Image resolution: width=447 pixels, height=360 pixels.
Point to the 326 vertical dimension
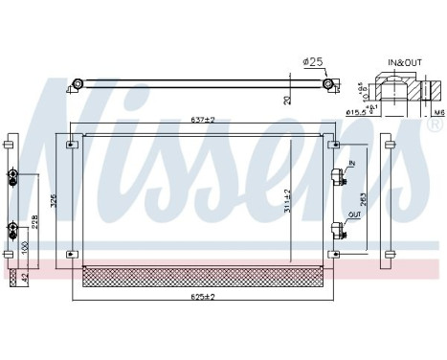point(54,201)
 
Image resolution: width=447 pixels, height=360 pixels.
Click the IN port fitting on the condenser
point(336,175)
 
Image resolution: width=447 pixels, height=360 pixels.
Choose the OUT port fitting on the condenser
point(336,229)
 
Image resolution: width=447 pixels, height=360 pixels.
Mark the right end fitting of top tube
point(328,85)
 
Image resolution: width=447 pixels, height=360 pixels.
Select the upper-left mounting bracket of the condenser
point(72,146)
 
